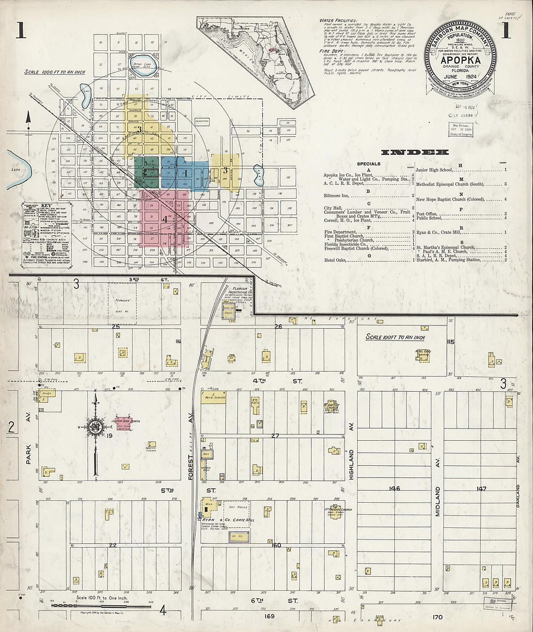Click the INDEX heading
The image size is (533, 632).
pyautogui.click(x=415, y=152)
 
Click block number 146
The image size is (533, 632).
pyautogui.click(x=394, y=489)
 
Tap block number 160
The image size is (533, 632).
pyautogui.click(x=276, y=545)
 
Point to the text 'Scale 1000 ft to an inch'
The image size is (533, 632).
pyautogui.click(x=55, y=72)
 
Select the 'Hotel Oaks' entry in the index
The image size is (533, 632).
pyautogui.click(x=339, y=260)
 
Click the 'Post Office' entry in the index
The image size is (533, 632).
pyautogui.click(x=426, y=213)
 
